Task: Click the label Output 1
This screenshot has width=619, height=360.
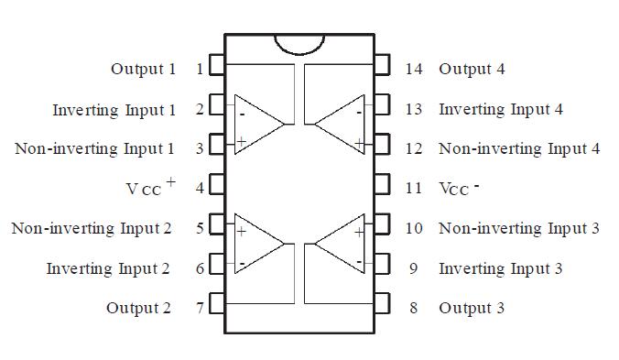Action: point(143,69)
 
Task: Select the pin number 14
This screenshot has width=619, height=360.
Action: point(414,69)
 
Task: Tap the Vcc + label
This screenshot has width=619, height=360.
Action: point(150,187)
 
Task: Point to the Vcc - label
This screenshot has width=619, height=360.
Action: point(459,188)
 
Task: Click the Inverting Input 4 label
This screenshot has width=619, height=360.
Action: point(500,109)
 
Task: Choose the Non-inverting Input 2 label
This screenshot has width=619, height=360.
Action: point(92,228)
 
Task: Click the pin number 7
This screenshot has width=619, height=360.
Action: point(200,308)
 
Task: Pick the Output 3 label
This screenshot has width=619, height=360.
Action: point(471,308)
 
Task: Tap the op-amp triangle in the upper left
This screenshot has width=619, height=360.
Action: point(257,124)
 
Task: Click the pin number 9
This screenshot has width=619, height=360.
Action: point(414,268)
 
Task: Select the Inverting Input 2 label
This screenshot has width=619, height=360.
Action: point(108,268)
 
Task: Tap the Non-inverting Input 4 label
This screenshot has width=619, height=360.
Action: point(519,148)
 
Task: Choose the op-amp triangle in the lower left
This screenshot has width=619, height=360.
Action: point(257,245)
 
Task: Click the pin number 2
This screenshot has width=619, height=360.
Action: point(200,110)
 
